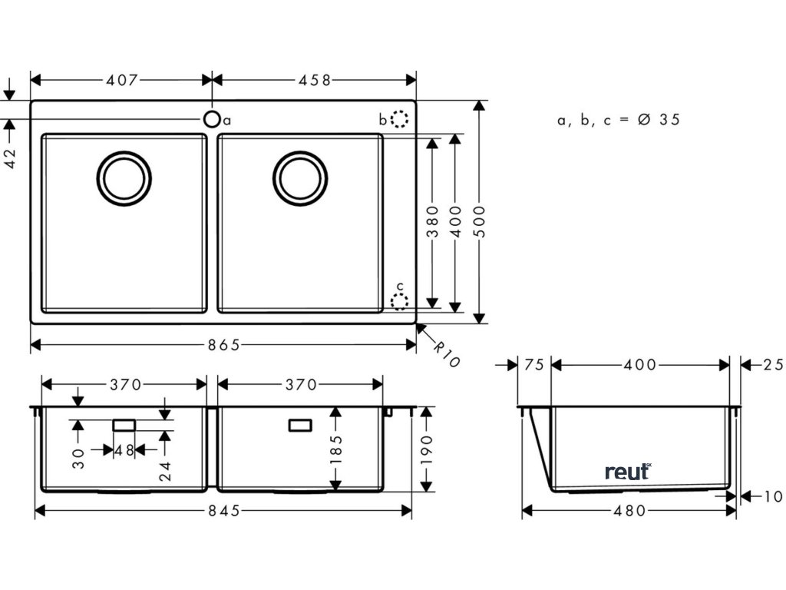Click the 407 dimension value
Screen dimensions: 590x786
tap(121, 80)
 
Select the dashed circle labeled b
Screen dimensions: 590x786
tap(399, 119)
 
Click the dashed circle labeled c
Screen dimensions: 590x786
tap(399, 301)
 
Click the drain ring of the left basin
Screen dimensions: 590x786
tap(124, 178)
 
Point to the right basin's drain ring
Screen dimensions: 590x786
tap(300, 178)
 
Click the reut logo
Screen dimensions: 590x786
tap(627, 471)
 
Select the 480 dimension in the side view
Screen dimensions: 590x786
tap(629, 510)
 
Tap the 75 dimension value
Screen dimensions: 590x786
tap(535, 365)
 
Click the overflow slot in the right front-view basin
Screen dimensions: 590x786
tap(300, 425)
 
